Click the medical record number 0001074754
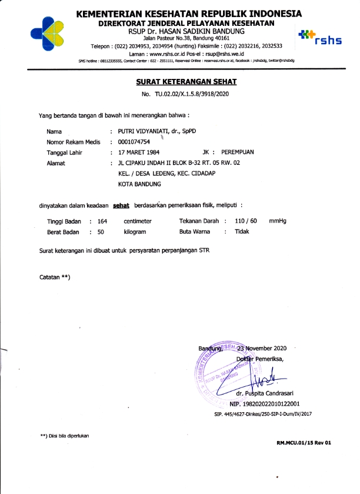coord(134,142)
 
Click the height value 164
coord(102,221)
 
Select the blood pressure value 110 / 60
coord(246,221)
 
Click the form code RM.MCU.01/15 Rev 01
coord(304,442)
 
